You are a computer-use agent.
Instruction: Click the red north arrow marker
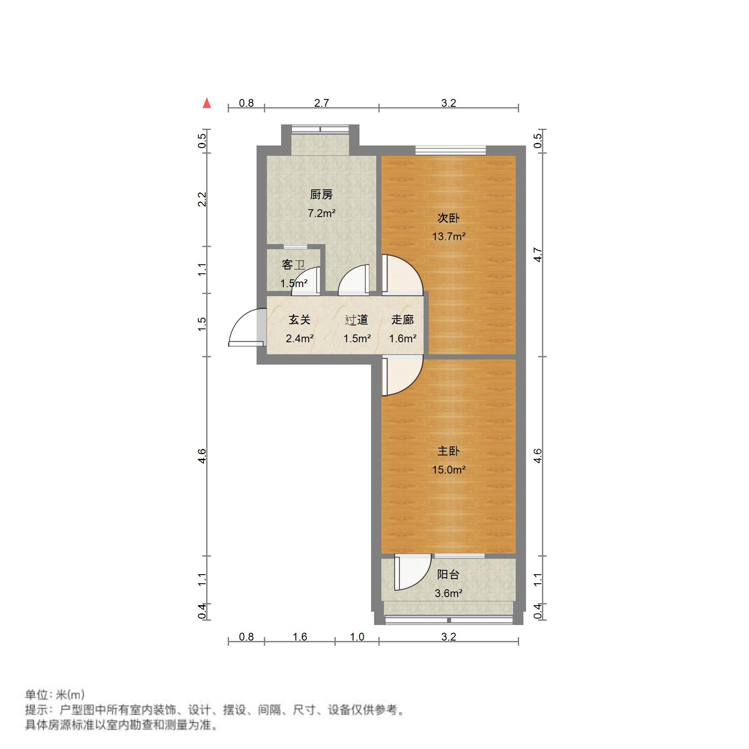(207, 103)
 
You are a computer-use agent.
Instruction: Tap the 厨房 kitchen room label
(321, 195)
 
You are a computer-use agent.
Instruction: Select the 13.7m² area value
(449, 236)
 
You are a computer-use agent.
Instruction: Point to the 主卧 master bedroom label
(449, 451)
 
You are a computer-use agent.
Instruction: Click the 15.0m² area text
(449, 470)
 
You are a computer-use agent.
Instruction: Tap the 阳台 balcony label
(448, 574)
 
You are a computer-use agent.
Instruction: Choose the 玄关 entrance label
(300, 319)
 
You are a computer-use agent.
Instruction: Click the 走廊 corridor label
(402, 319)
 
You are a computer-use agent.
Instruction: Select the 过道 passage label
(356, 319)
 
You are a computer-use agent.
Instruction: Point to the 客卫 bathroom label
(294, 264)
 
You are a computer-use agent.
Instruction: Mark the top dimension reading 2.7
(322, 103)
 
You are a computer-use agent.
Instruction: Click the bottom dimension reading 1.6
(300, 637)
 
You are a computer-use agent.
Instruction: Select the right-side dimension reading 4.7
(538, 254)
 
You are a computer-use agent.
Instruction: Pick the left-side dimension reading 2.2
(202, 199)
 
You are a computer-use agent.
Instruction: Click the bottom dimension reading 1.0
(357, 637)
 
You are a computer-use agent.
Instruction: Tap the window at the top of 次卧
(450, 150)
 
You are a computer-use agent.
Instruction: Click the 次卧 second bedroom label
(449, 218)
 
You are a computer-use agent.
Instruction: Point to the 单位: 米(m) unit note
(55, 694)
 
